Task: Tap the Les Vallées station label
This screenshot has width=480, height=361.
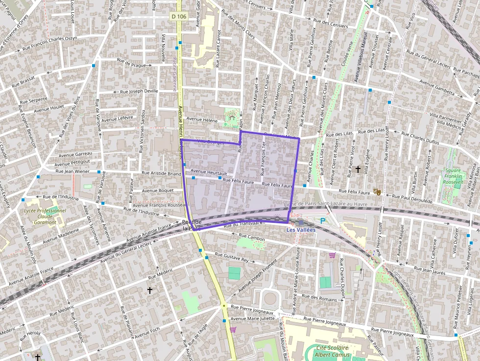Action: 301,230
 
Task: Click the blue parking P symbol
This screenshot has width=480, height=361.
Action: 322,221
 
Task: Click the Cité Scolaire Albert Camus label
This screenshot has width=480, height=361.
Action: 333,351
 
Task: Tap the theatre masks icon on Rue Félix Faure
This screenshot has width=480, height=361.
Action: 377,192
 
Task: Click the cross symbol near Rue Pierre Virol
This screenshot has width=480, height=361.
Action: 358,169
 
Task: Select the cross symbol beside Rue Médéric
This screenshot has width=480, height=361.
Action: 150,290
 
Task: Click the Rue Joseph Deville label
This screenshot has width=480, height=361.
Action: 139,91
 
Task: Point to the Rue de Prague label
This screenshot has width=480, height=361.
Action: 131,62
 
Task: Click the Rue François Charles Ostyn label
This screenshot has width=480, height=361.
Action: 50,42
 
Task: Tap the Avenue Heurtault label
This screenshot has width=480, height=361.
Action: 209,172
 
